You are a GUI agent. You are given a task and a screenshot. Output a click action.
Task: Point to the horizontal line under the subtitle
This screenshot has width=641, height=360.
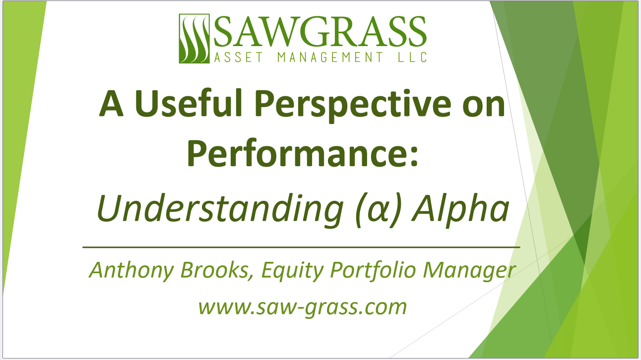(301, 246)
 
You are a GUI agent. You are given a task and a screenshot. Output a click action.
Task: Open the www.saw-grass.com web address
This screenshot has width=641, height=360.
(302, 307)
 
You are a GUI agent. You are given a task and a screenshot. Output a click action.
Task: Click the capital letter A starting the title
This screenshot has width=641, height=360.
(112, 104)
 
